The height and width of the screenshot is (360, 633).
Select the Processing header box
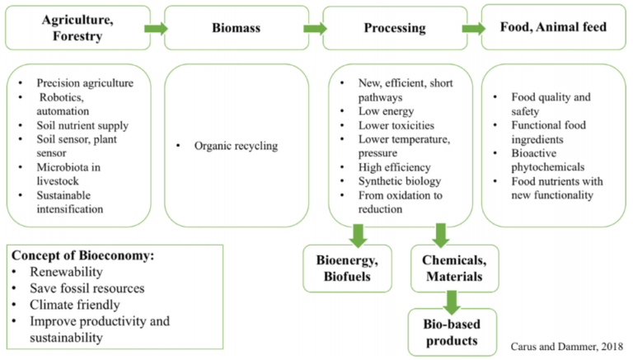tap(394, 28)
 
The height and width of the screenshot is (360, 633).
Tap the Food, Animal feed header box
tap(552, 27)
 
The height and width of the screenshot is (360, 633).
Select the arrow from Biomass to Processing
tap(314, 29)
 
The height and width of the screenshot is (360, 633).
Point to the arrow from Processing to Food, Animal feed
tap(473, 29)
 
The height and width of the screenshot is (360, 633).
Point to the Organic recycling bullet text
tap(237, 147)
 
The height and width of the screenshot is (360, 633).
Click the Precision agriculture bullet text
tap(84, 82)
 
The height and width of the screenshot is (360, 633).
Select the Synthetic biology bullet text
tap(400, 180)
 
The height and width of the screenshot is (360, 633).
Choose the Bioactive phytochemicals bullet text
tap(551, 159)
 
